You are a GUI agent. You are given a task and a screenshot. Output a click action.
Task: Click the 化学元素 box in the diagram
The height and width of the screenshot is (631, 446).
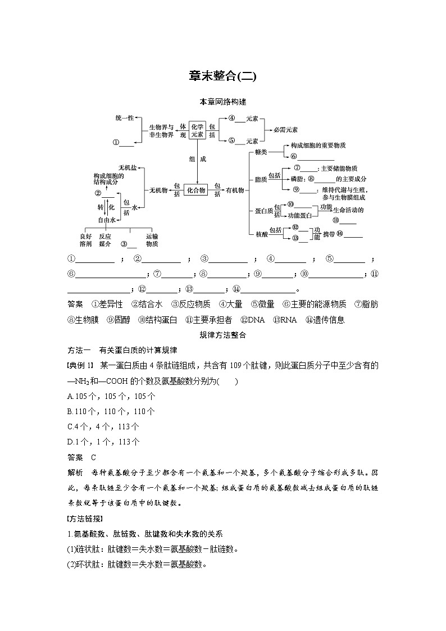197,130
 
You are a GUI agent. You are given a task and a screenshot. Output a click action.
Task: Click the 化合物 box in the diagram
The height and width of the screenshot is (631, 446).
196,190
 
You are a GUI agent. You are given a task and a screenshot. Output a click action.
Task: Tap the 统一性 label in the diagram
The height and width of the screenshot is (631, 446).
124,117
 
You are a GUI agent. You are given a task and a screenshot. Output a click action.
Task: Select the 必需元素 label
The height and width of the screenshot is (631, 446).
285,130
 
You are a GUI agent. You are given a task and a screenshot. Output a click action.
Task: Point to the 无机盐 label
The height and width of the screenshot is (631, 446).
128,168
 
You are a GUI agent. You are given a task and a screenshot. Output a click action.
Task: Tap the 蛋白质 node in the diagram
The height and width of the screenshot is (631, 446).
263,211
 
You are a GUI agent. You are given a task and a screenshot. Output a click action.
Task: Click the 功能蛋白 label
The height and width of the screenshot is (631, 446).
300,215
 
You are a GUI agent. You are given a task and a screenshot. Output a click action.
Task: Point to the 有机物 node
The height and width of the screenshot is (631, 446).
235,190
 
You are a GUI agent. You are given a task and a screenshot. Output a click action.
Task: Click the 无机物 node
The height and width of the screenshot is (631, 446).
158,190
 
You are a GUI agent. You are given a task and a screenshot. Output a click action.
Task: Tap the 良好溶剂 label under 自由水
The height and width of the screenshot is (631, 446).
85,240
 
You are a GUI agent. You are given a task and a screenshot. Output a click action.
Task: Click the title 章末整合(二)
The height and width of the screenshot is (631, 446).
222,76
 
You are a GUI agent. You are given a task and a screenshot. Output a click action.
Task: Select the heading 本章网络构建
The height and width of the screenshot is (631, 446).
222,102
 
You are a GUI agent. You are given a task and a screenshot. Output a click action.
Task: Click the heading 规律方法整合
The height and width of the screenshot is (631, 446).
222,335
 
